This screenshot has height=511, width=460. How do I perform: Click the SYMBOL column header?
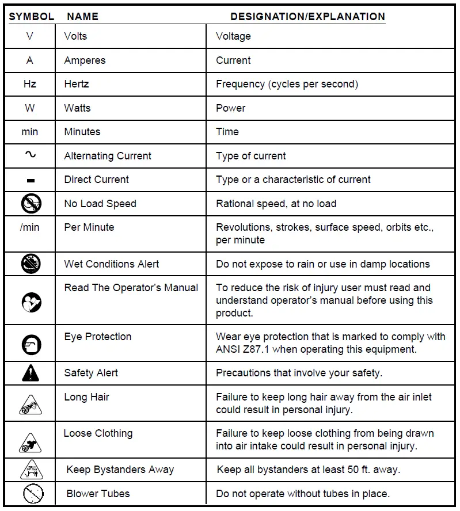[31, 16]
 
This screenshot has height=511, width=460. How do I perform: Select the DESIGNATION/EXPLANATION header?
[307, 16]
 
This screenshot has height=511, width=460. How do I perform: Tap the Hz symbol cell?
[30, 84]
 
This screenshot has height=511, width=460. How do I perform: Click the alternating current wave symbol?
[31, 155]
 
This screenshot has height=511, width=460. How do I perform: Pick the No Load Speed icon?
[31, 204]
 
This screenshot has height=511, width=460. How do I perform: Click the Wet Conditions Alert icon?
[31, 264]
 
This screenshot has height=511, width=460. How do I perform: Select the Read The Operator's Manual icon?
[31, 302]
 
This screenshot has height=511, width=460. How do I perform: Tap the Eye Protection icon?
[31, 344]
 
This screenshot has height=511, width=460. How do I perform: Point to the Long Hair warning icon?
[31, 405]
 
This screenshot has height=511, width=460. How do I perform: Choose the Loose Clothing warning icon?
[31, 441]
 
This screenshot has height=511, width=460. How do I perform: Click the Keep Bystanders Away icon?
[31, 470]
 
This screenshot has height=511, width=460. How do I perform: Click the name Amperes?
[85, 60]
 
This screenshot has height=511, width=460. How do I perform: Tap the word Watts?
[77, 108]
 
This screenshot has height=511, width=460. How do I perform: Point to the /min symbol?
[30, 227]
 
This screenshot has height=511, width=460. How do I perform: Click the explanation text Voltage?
[233, 36]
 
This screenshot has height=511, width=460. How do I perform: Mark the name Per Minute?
[89, 227]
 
